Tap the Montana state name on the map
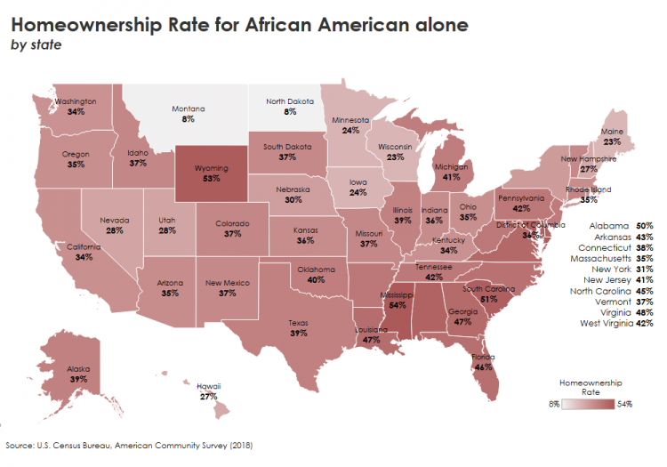coord(188,109)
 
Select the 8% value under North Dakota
coord(290,113)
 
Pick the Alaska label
coord(78,367)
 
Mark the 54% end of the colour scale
coord(626,404)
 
